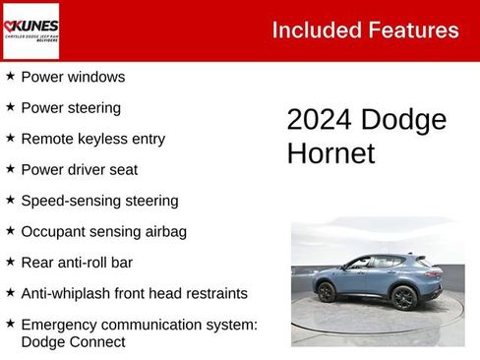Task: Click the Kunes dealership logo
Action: [x=30, y=30]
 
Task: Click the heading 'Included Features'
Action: [x=365, y=30]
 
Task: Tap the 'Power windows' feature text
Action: [x=73, y=77]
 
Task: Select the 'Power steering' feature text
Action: [x=71, y=108]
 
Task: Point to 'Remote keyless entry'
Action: [x=92, y=139]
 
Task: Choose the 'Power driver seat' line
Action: [x=79, y=170]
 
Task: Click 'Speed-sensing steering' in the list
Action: [x=99, y=201]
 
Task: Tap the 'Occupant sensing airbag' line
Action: [x=103, y=232]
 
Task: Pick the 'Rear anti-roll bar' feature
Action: [x=77, y=263]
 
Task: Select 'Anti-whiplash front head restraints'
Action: [x=134, y=293]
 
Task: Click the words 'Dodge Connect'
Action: [x=73, y=342]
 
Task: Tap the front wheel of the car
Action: [x=402, y=297]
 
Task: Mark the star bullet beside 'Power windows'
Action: [x=10, y=76]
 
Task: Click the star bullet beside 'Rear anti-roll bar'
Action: [x=10, y=262]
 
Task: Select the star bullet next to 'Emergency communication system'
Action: [x=10, y=324]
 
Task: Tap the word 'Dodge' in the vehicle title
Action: [x=403, y=120]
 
